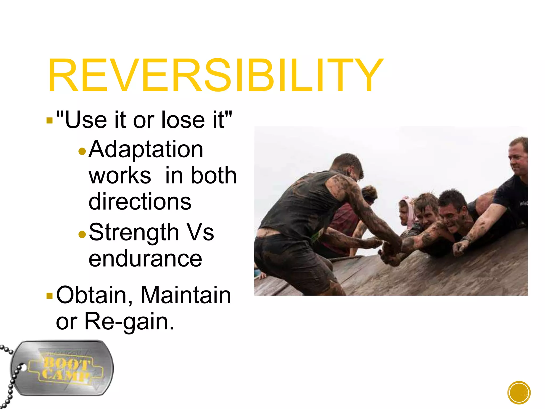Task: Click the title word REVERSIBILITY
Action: tap(215, 76)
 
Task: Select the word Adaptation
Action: tap(146, 149)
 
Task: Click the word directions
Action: tap(140, 202)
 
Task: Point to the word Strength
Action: tap(134, 232)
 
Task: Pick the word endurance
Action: tap(145, 259)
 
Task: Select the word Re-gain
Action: tap(129, 321)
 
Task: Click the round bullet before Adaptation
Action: tap(82, 152)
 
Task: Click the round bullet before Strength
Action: tap(82, 234)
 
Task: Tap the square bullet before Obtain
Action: tap(49, 296)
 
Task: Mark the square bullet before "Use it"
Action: tap(49, 120)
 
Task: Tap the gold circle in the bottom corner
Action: tap(519, 393)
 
